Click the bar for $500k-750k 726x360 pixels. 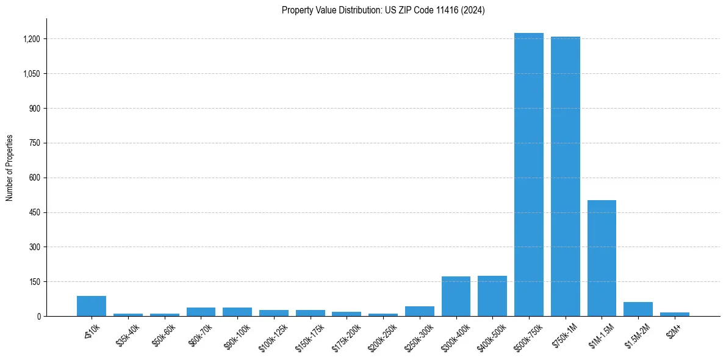[528, 175]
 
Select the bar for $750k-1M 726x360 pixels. [565, 176]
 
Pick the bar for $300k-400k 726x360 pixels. [456, 297]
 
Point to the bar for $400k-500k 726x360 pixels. [492, 296]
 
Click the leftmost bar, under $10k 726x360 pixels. [92, 306]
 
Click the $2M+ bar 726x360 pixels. [675, 314]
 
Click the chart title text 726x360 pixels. [383, 10]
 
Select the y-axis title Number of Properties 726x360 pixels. [10, 168]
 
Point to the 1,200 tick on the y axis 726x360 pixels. [31, 39]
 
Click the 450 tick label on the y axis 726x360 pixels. [34, 212]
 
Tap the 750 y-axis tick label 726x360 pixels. [34, 143]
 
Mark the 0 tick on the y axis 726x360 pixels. [38, 316]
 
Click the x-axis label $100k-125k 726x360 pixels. [274, 333]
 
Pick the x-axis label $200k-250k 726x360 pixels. [383, 333]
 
